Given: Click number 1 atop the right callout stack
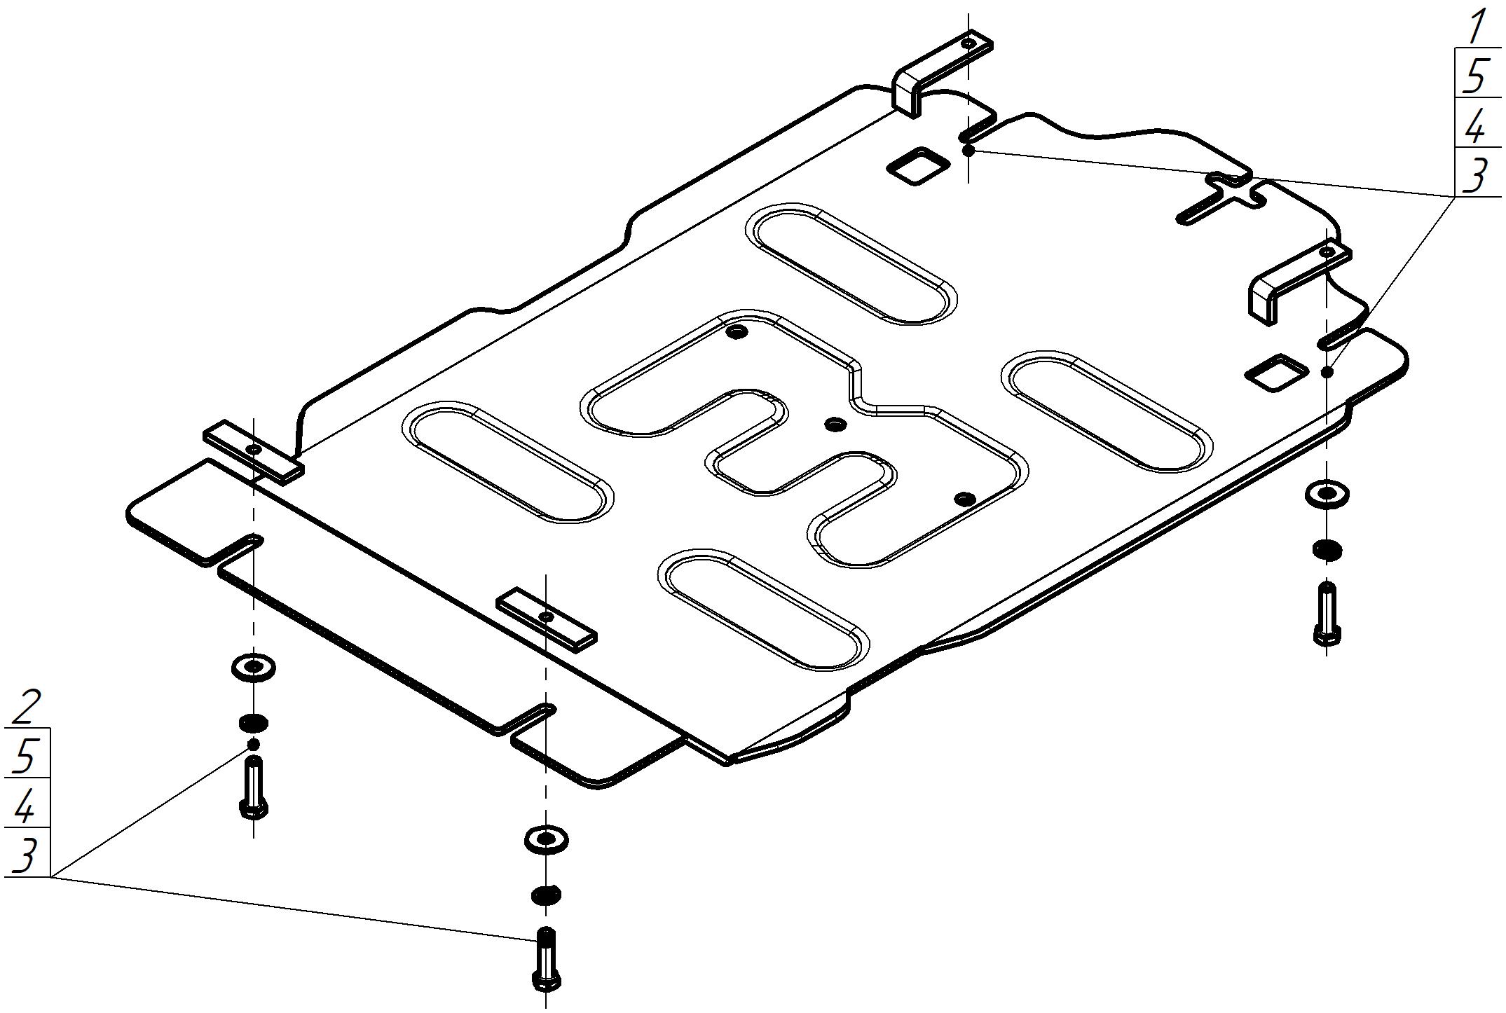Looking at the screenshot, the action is point(1477,27).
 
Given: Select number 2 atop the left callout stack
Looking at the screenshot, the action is point(27,708).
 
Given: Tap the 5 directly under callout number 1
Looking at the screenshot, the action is point(1475,76).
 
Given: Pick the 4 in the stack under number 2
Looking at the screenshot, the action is point(24,806).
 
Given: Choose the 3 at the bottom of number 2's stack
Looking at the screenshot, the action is point(25,855).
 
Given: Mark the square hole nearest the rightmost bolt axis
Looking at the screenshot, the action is point(1275,372).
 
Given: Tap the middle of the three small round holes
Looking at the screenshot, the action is point(835,423).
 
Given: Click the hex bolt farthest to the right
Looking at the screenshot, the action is point(1327,613).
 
